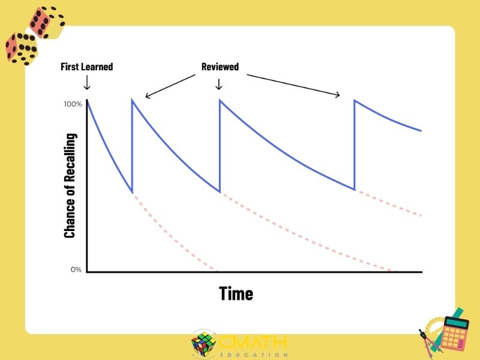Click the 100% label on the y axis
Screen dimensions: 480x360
click(x=73, y=104)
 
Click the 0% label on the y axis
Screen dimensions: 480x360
click(x=76, y=269)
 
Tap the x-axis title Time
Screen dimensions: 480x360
click(x=236, y=293)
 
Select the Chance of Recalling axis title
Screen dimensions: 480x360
click(x=70, y=185)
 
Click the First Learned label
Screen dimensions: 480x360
click(x=86, y=67)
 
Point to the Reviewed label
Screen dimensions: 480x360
click(x=220, y=67)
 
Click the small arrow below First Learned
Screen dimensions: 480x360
click(x=87, y=82)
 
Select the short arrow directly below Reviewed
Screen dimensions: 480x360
click(x=218, y=84)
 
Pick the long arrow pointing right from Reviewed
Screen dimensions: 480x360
click(x=293, y=85)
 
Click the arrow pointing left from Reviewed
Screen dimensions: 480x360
click(x=170, y=86)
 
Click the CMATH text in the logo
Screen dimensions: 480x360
click(x=253, y=342)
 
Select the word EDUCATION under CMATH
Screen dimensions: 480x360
click(x=254, y=355)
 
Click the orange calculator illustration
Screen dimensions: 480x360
click(x=454, y=332)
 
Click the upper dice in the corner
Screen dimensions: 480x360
click(x=47, y=22)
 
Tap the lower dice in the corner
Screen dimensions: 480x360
click(x=21, y=49)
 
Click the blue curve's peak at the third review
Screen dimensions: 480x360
click(x=355, y=100)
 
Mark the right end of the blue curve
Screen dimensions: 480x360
click(x=422, y=131)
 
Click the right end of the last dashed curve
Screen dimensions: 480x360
click(x=422, y=215)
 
